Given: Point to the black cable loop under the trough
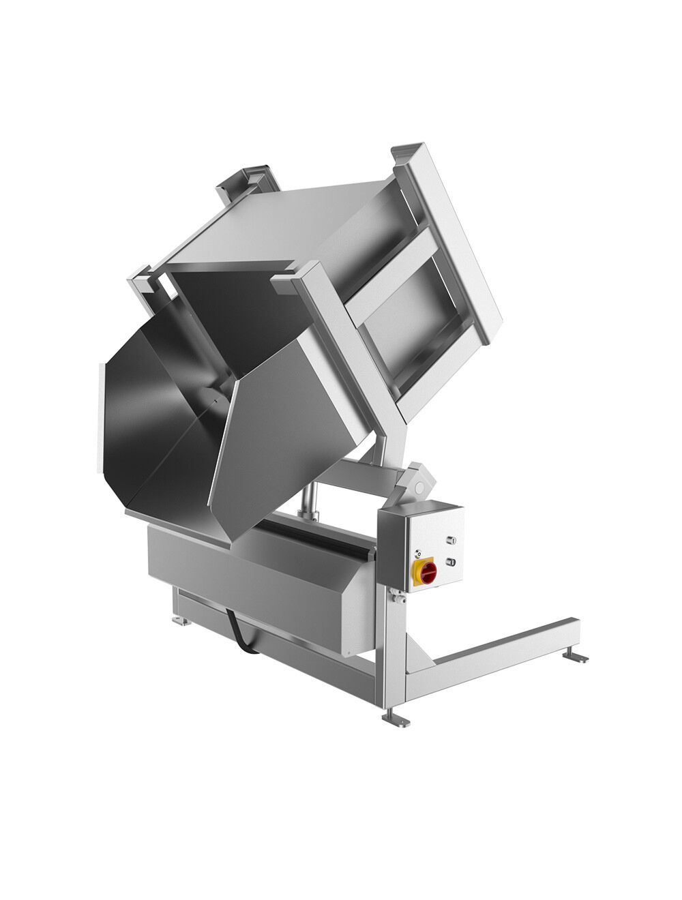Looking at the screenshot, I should coord(241,630).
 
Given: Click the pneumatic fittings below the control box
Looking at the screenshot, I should coord(394,598).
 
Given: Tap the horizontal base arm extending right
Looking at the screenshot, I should coord(505,641).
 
